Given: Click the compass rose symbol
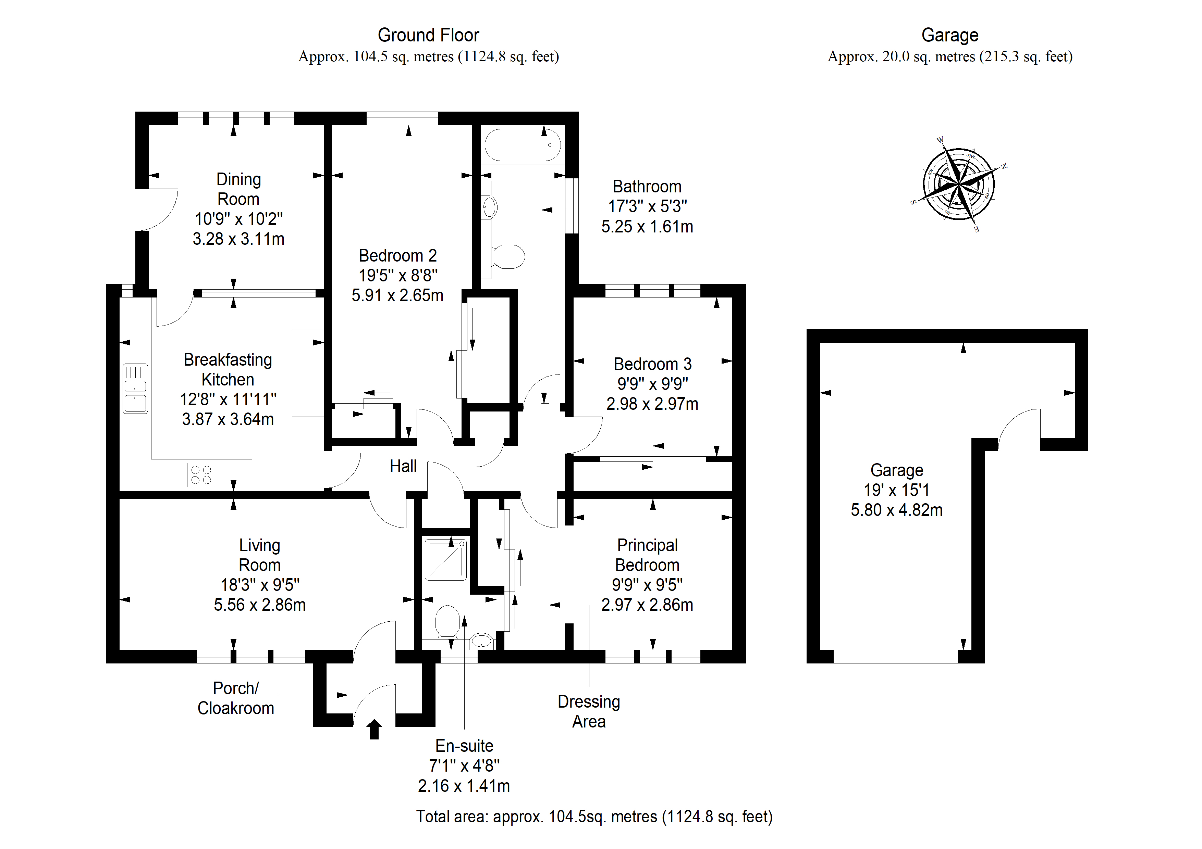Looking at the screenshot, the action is point(959,185).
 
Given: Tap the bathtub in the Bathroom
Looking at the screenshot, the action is point(523,145).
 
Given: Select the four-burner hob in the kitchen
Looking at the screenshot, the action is point(201,474).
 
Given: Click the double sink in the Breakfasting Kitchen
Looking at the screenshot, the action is point(135,388).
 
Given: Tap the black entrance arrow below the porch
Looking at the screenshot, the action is point(374,729).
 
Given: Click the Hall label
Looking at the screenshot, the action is point(403,466).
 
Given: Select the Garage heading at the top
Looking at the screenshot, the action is point(950,35).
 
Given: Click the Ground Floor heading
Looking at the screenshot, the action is point(428,35).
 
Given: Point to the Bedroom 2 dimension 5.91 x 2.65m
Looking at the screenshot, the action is point(397,295).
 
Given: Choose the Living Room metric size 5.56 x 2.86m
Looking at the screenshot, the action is point(260,605).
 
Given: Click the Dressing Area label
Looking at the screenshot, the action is point(589,711).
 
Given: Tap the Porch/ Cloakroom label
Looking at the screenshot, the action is point(236,698).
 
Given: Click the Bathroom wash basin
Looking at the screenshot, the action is point(490,207).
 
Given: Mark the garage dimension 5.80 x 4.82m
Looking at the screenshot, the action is point(897,510).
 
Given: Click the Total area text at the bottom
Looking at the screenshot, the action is point(594,816).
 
